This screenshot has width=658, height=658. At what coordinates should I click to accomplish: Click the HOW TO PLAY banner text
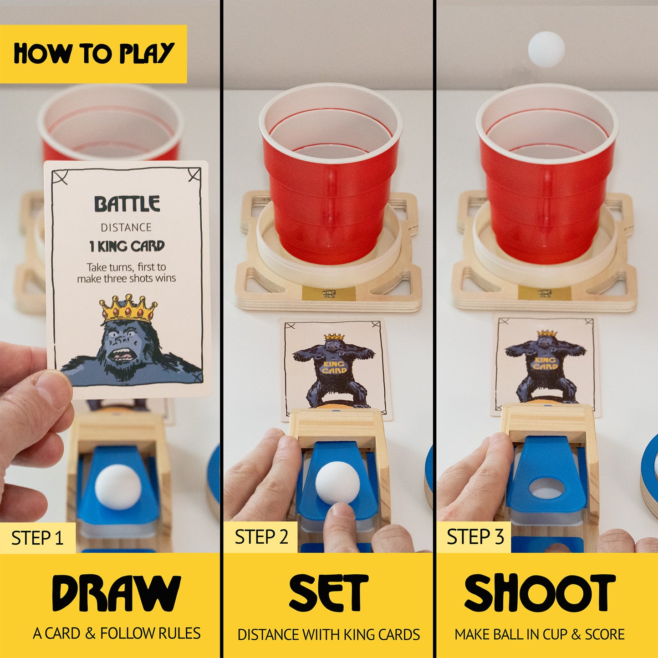(93, 54)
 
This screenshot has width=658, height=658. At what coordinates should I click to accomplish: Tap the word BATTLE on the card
(127, 204)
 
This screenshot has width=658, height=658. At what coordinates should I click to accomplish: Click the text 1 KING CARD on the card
(127, 246)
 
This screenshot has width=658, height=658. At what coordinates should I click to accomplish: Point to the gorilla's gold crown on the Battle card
(128, 309)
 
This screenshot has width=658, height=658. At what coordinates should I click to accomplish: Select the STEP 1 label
(37, 538)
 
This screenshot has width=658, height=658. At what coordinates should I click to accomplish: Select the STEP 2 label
(261, 537)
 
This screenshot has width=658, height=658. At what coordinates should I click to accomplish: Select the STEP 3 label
(475, 537)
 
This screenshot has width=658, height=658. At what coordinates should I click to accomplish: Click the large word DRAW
(116, 593)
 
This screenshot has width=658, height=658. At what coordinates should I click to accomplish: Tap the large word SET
(328, 593)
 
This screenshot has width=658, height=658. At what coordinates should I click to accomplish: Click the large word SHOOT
(540, 593)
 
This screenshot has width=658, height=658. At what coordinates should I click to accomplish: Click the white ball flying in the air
(546, 49)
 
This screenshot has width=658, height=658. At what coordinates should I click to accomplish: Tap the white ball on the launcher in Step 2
(337, 483)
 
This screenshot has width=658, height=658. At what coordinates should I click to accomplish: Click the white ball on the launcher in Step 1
(118, 487)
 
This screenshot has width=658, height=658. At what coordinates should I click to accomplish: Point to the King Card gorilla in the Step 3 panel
(546, 364)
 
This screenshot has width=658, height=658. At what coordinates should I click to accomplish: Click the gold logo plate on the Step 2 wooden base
(328, 294)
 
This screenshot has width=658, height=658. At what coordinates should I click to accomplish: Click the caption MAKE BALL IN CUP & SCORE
(540, 634)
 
